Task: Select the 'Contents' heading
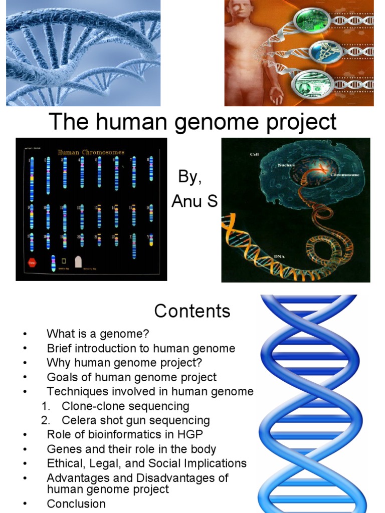192,311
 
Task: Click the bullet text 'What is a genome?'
98,334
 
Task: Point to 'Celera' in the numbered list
78,420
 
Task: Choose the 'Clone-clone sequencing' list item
125,406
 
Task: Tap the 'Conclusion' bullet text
76,503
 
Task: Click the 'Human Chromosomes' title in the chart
91,152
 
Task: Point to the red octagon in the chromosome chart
32,262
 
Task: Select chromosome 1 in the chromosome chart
32,178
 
